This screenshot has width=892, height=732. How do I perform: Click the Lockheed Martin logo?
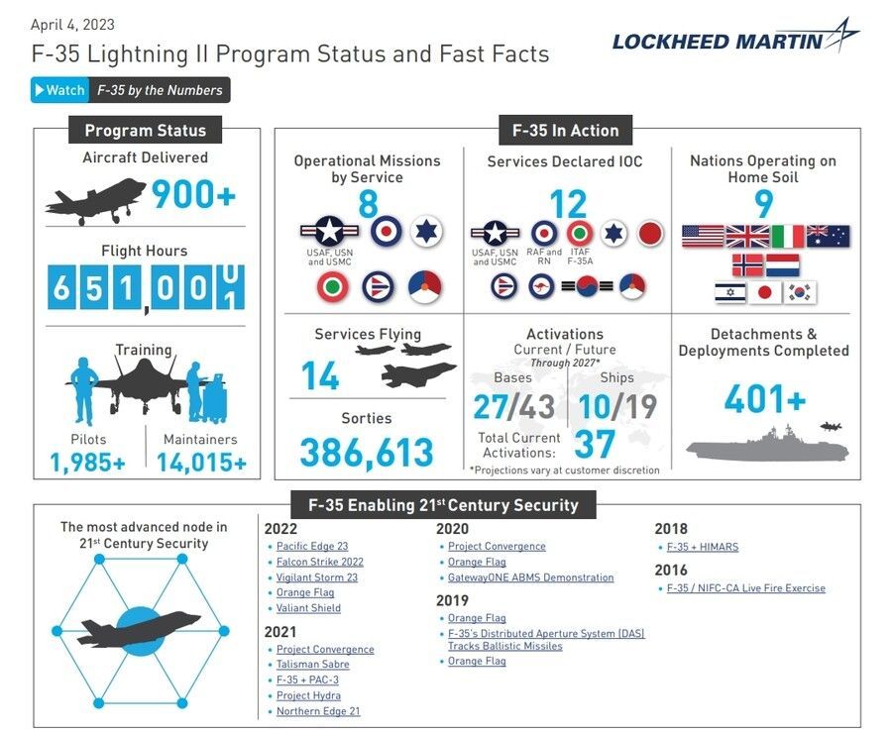[x=734, y=39]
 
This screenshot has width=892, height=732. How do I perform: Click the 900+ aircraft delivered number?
[x=193, y=195]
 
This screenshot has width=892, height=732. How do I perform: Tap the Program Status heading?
[x=146, y=130]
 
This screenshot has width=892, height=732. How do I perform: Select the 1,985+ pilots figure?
[x=87, y=462]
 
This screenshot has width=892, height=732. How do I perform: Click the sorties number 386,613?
[x=367, y=453]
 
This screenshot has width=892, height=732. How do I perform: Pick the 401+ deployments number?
[x=764, y=398]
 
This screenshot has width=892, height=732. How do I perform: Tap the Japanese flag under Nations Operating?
[x=763, y=292]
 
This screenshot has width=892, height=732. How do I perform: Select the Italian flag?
[x=788, y=237]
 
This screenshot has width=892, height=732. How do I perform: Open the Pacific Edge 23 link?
[x=312, y=546]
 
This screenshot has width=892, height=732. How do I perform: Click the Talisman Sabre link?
[x=312, y=665]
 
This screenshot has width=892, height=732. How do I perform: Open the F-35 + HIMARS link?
[x=702, y=547]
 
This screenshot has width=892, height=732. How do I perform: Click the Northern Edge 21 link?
[x=318, y=711]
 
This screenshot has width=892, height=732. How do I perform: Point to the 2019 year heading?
[x=452, y=600]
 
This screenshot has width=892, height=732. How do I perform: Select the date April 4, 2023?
[x=72, y=24]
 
